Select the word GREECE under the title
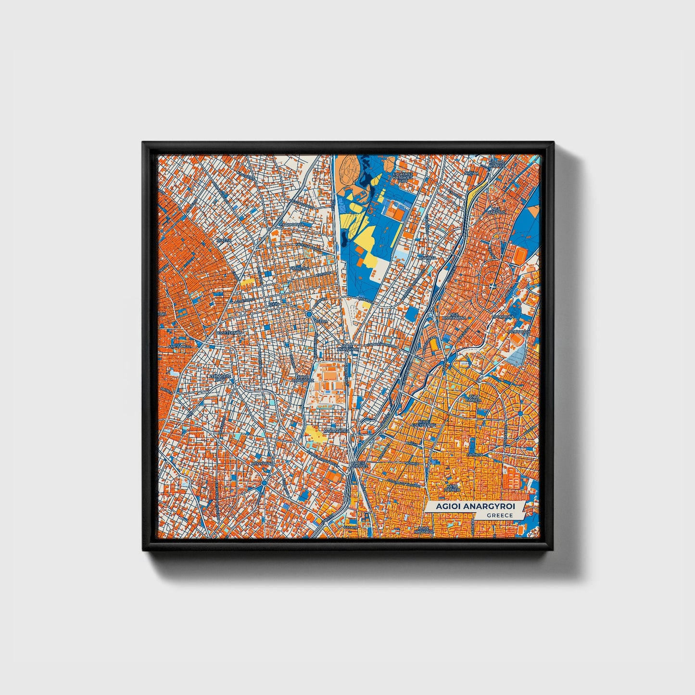point(499,516)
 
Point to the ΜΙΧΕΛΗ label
point(224,239)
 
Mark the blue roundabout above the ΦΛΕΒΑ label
point(308,314)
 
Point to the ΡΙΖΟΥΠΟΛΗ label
point(519,331)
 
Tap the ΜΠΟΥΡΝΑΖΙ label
point(262,463)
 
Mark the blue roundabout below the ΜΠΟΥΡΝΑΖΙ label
point(264,482)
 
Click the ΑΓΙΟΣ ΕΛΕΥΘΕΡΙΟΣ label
point(423,424)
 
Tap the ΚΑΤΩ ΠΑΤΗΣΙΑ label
point(452,488)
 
